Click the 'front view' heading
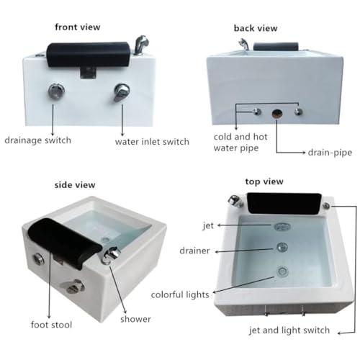click(78, 27)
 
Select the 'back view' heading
click(256, 28)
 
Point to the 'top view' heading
click(264, 181)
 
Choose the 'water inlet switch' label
click(152, 141)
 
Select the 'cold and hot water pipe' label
click(244, 143)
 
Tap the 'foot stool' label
click(53, 325)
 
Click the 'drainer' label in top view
click(195, 250)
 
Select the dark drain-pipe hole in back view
click(276, 113)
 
